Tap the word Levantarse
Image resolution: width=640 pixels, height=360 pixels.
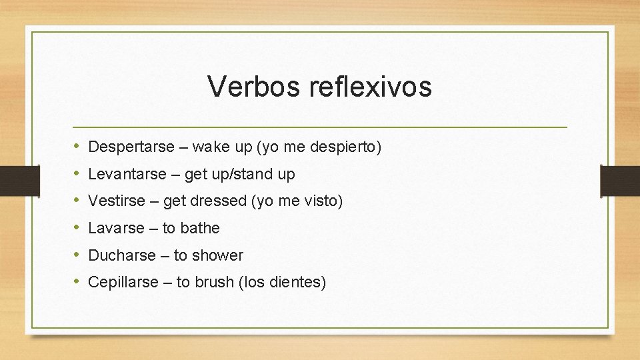tap(127, 174)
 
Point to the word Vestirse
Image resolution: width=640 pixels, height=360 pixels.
tap(116, 201)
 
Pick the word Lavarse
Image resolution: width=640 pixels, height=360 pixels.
tap(116, 228)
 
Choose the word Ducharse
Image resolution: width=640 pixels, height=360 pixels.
tap(121, 255)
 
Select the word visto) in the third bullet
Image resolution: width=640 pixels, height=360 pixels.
tap(325, 201)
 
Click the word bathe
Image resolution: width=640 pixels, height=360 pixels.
tap(200, 228)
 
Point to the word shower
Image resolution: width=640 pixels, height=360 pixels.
tap(218, 255)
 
